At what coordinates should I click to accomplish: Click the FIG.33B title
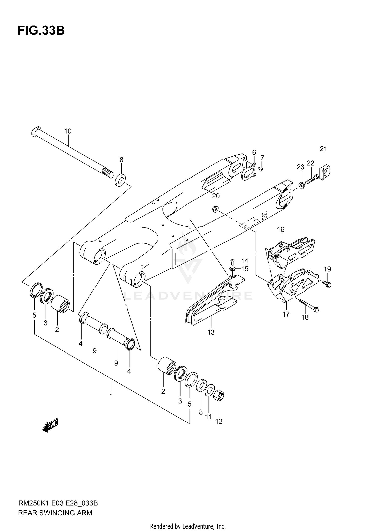point(41,31)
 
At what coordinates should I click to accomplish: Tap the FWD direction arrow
point(50,425)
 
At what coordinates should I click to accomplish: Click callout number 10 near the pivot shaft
point(68,131)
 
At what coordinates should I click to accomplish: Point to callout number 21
point(323,149)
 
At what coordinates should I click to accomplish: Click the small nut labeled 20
point(215,208)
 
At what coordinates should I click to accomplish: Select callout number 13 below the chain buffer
point(211,332)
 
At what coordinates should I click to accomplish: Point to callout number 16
point(281,229)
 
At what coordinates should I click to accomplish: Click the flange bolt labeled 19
point(327,284)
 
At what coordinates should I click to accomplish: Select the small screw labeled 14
point(232,262)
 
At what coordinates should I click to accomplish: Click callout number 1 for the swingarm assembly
point(111,396)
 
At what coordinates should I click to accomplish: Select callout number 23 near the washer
point(300,167)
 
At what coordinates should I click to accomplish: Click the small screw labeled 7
point(261,169)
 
